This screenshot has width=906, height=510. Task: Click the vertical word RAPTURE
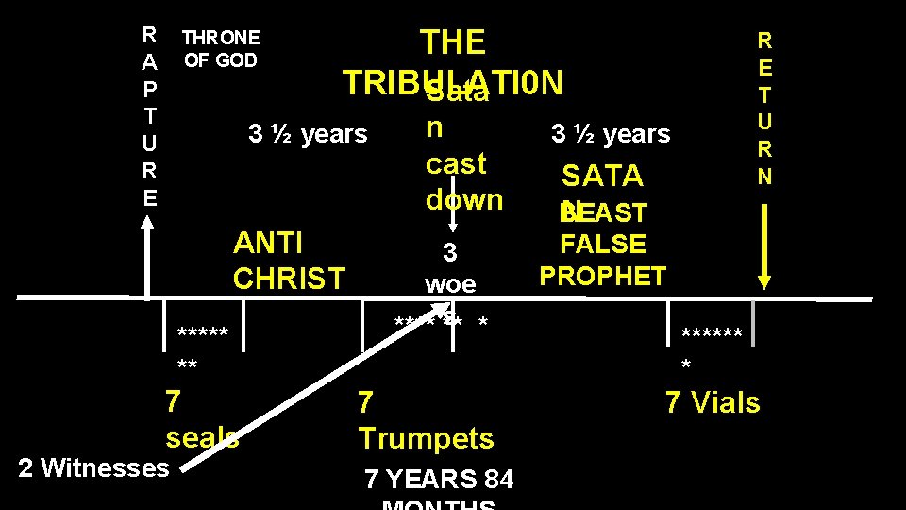[x=149, y=117]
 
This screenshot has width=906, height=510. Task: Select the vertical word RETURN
[x=764, y=108]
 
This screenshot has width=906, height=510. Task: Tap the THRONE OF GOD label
[x=221, y=49]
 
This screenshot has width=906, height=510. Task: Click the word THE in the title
[x=453, y=42]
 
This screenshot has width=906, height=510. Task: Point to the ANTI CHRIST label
[x=289, y=261]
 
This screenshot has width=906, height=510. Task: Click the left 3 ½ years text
[x=307, y=134]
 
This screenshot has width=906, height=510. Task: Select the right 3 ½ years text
[x=611, y=134]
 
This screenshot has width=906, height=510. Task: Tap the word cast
[x=456, y=163]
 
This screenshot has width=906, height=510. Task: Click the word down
[x=464, y=199]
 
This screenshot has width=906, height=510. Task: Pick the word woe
[x=450, y=283]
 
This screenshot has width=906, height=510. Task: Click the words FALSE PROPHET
[x=603, y=260]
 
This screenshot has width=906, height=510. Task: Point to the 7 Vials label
[x=713, y=403]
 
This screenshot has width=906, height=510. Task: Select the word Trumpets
[x=426, y=438]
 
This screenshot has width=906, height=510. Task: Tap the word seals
[x=202, y=438]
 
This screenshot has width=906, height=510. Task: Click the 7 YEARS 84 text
[x=439, y=480]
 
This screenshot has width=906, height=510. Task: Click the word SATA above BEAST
[x=602, y=176]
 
